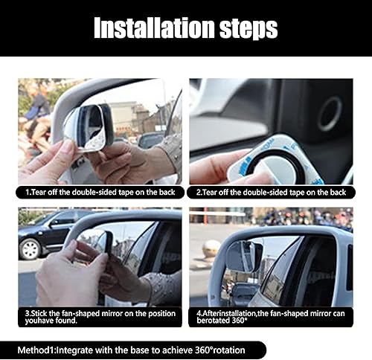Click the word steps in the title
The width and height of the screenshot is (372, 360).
tap(243, 28)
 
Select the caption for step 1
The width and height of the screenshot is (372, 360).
tap(100, 193)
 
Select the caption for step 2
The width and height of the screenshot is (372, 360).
tap(271, 193)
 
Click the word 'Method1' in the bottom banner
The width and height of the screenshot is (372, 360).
tap(40, 350)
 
